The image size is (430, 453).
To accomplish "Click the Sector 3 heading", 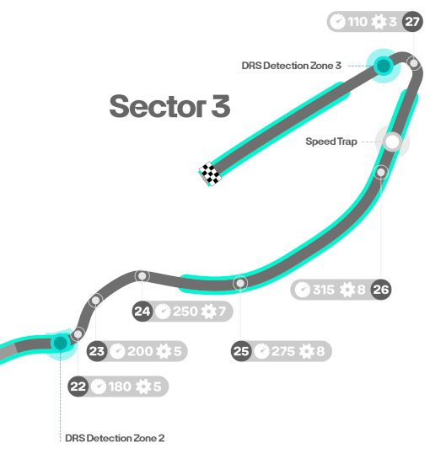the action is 169,106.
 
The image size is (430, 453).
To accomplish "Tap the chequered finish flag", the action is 211,173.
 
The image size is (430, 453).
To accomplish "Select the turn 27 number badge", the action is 412,22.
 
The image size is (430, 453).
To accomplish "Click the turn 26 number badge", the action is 381,290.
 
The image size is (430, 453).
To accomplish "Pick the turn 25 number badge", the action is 241,351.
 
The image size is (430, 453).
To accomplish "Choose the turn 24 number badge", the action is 142,312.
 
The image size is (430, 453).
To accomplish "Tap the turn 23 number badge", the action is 97,351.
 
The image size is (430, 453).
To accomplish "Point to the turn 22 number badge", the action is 78,386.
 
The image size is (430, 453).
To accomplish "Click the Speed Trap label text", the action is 331,141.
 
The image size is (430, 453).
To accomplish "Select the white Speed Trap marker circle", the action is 392,141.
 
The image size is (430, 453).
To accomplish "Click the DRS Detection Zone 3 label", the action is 292,66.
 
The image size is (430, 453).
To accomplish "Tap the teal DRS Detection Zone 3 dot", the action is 384,66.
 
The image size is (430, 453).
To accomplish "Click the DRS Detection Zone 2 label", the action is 115,438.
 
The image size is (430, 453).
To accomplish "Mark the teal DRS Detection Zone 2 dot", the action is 60,343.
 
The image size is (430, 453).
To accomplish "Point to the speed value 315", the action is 323,290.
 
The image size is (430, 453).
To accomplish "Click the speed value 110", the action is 357,22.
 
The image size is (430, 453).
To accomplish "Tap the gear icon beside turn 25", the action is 306,351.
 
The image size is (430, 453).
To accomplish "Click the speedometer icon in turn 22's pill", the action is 99,386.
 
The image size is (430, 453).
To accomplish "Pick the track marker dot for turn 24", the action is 142,276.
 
